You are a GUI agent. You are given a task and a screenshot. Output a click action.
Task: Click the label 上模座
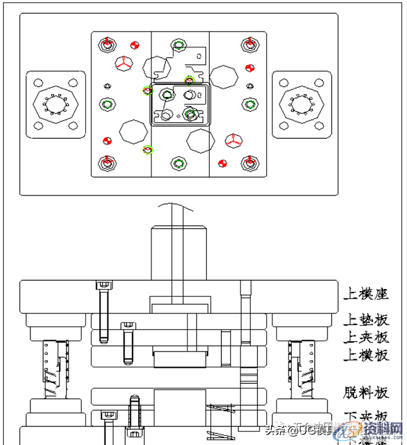[x=366, y=293]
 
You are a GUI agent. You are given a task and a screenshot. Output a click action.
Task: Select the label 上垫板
[x=366, y=321]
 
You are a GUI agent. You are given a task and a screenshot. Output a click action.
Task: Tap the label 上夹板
[x=366, y=337]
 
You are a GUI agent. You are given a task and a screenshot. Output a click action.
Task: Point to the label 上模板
[x=366, y=355]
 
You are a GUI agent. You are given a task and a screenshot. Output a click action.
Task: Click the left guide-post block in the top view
[x=55, y=105]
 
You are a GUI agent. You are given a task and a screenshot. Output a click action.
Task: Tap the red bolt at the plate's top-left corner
[x=108, y=44]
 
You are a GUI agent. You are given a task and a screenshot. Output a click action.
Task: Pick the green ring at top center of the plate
[x=179, y=46]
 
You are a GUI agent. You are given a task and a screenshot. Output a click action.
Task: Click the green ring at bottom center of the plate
[x=179, y=163]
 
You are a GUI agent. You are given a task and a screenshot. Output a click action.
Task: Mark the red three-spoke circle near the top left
[x=123, y=63]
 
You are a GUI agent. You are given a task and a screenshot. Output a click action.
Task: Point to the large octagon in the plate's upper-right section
[x=224, y=77]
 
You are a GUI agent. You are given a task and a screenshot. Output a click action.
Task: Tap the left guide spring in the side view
[x=56, y=366]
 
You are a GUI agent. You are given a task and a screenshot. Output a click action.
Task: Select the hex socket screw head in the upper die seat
[x=104, y=285]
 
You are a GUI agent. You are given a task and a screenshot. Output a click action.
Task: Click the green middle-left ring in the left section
[x=108, y=104]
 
